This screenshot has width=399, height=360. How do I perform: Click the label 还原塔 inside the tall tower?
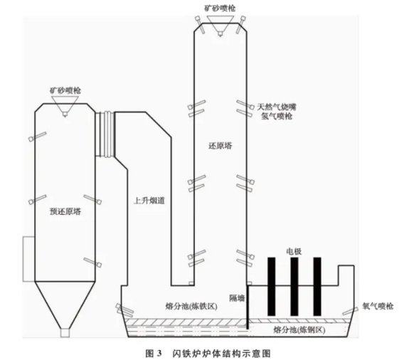click(220, 146)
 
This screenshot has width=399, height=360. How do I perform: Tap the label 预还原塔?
click(65, 211)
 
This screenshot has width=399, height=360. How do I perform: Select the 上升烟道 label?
click(149, 201)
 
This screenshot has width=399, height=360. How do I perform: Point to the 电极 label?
click(294, 252)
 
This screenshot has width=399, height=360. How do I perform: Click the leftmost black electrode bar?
click(272, 287)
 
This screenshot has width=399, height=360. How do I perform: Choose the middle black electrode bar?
click(294, 287)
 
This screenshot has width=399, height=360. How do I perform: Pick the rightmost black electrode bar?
click(317, 287)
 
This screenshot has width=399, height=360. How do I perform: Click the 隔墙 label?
click(237, 298)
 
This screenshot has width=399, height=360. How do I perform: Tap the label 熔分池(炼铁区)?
click(191, 306)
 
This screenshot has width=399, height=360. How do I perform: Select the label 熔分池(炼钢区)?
click(299, 330)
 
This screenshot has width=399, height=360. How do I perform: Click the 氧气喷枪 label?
click(378, 306)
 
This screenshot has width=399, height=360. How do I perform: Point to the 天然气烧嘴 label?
click(277, 107)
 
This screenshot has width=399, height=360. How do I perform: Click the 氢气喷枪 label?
click(277, 117)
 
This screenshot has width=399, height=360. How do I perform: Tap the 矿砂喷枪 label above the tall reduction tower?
click(220, 9)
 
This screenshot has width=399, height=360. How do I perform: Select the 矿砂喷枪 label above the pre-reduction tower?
click(65, 90)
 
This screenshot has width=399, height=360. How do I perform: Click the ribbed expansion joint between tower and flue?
click(105, 134)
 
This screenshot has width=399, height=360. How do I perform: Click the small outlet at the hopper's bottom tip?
click(65, 333)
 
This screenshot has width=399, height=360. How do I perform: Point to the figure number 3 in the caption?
click(159, 354)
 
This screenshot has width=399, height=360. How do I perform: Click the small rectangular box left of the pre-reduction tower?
click(28, 259)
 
